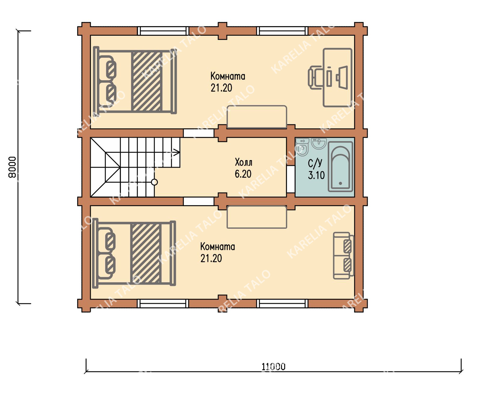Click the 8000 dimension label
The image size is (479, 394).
[12, 167]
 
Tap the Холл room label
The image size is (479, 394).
[244, 163]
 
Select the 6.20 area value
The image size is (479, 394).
[243, 174]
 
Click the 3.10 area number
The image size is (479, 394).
[316, 175]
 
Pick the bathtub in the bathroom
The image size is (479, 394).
[340, 167]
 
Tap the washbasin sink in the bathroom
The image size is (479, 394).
[319, 143]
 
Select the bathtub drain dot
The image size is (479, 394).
[340, 183]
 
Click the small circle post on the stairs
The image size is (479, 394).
[155, 182]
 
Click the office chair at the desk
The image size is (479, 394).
[315, 78]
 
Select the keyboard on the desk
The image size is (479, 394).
[329, 78]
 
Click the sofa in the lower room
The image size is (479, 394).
[344, 255]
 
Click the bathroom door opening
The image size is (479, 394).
[291, 179]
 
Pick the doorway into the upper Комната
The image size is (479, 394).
[199, 133]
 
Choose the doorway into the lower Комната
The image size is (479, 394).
[199, 201]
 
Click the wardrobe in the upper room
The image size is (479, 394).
[257, 117]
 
